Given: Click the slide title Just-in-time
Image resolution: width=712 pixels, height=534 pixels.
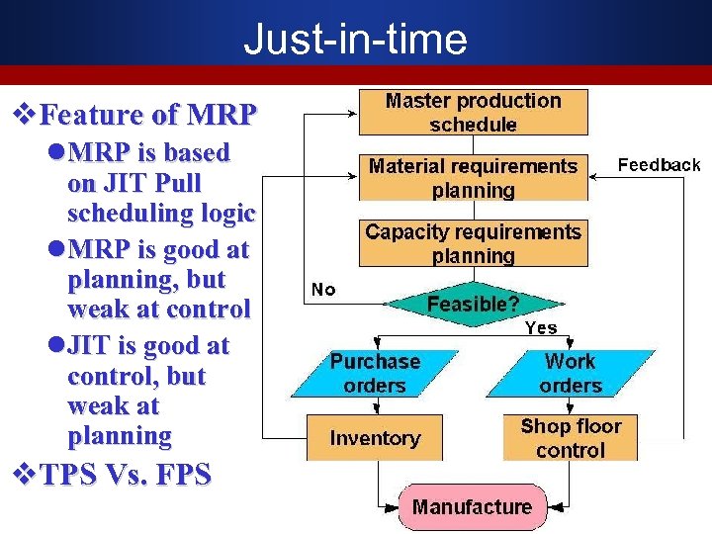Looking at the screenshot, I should [x=355, y=40].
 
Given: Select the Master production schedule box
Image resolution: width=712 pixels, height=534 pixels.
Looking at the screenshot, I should [x=473, y=113].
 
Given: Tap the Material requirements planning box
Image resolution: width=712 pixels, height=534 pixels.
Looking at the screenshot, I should [x=473, y=178].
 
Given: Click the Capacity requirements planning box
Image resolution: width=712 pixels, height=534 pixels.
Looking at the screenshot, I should [x=473, y=243].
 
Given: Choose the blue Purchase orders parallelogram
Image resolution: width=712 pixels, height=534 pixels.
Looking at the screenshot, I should [x=375, y=373].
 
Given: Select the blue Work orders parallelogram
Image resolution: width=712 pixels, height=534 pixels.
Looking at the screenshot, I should [x=571, y=373].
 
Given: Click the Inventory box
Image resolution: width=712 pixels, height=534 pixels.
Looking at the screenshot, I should [x=375, y=437].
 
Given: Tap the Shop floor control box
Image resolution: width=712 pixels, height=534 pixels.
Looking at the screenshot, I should [x=571, y=437].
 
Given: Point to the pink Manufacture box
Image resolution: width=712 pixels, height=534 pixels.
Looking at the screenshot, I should [x=472, y=507].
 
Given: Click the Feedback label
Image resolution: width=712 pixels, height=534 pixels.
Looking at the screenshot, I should [x=659, y=165].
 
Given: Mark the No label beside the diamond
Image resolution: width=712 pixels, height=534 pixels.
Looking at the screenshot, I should [x=323, y=290].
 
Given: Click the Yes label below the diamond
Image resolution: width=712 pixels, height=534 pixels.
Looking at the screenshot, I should [x=540, y=327].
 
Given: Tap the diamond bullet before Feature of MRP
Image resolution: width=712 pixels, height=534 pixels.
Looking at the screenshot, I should [x=22, y=115].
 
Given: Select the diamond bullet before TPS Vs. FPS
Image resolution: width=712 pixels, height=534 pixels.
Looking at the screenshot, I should [x=22, y=475].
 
